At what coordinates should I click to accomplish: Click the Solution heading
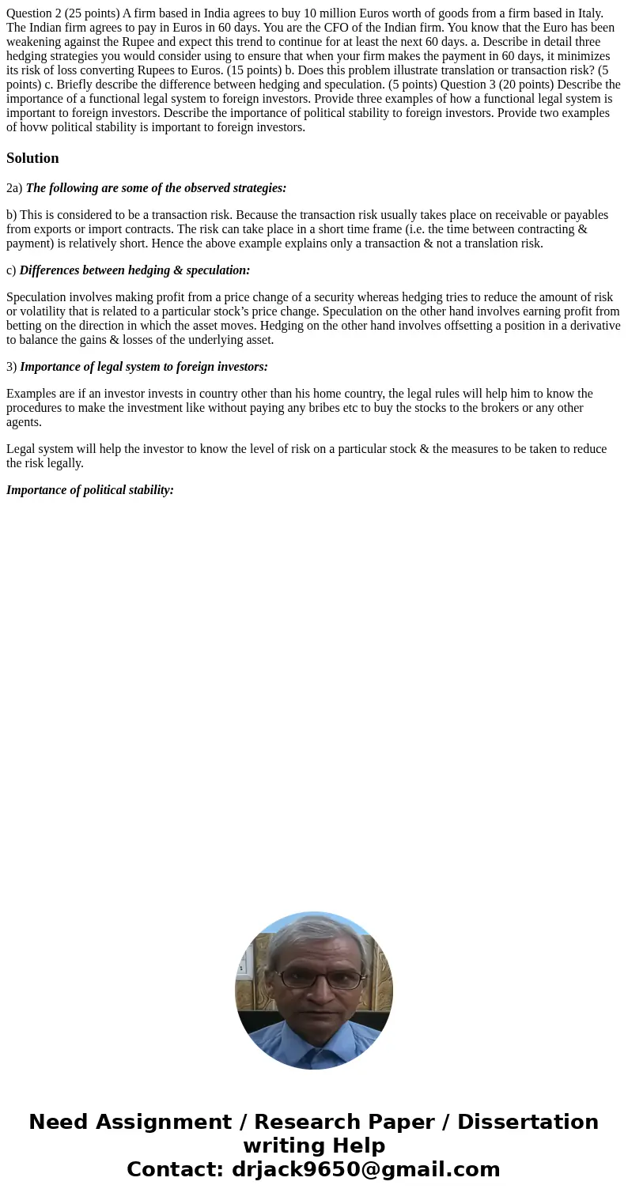point(32,158)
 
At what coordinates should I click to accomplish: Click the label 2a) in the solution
point(14,188)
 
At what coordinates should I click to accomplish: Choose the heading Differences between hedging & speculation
point(134,270)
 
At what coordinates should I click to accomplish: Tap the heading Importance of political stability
point(90,490)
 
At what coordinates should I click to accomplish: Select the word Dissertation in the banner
point(528,1123)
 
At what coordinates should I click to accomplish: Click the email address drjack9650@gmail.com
point(365,1170)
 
